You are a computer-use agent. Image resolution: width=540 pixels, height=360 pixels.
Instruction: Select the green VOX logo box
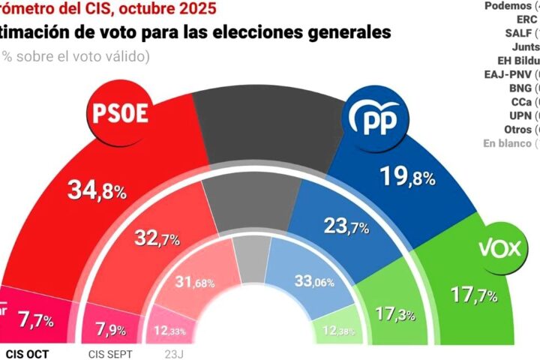coord(500,248)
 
